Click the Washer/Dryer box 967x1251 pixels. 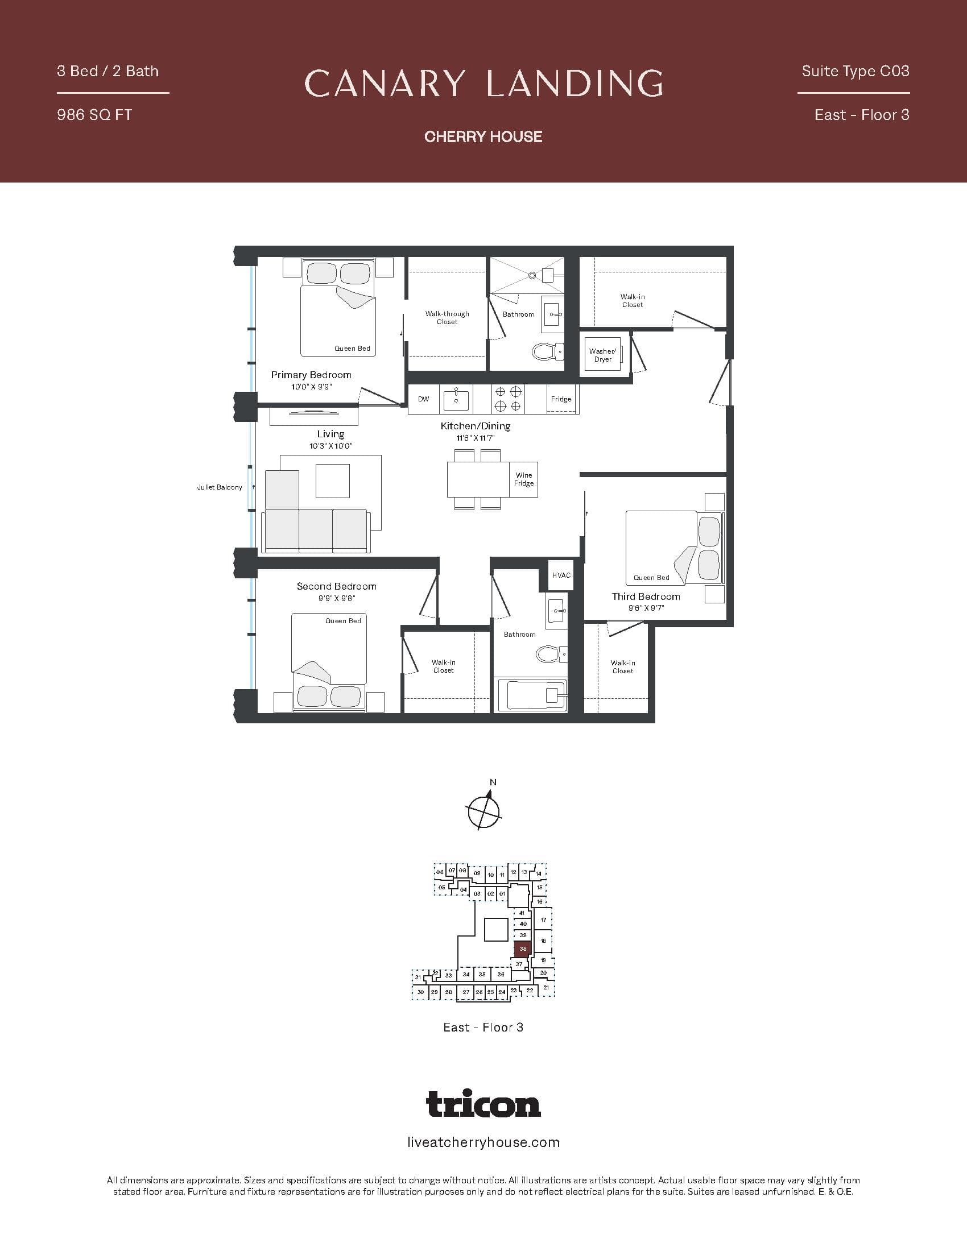coord(602,355)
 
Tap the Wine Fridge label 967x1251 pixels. coord(523,479)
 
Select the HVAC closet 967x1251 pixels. coord(561,575)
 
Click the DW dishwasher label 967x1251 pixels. coord(423,399)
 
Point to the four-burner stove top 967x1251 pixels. coord(507,399)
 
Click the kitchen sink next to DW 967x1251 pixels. coord(456,399)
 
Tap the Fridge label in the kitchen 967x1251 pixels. coord(561,399)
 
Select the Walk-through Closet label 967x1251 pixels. coord(447,318)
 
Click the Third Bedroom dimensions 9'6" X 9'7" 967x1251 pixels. coord(646,608)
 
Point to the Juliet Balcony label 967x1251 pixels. coord(220,487)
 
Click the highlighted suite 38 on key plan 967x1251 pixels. coord(522,948)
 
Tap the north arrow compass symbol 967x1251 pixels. coord(484,810)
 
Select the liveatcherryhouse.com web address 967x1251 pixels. coord(483,1143)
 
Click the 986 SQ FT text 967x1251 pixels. coord(94,115)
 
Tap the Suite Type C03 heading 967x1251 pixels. coord(856,71)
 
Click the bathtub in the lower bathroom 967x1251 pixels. coord(532,695)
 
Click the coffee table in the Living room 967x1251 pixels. coord(332,481)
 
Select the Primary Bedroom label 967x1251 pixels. coord(311,375)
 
